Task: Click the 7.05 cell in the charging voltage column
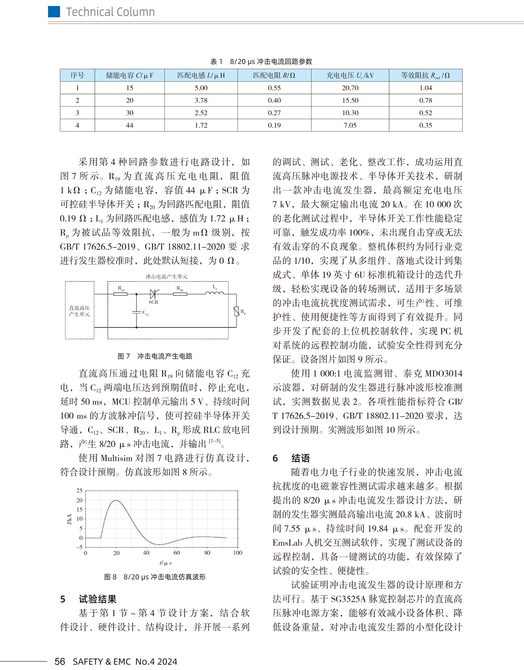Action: coord(350,125)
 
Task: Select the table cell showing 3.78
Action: coord(201,101)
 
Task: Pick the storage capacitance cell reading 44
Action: coord(129,125)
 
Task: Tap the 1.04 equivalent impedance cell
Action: coord(425,88)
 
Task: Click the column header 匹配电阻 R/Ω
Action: coord(274,75)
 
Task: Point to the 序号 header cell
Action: coord(77,75)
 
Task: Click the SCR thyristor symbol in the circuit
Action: coord(153,294)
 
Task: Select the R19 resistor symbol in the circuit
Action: coord(121,294)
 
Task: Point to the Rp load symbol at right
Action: coord(236,312)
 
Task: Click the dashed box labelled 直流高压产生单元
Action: coord(79,310)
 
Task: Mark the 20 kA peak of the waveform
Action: coord(116,500)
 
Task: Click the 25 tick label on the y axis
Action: coord(79,491)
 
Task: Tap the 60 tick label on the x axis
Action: coord(176,553)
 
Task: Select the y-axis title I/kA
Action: coord(69,519)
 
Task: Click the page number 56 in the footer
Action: coord(60,661)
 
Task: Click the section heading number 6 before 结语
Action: coord(275,458)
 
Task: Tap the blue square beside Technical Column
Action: coord(54,12)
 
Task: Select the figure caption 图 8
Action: coord(110,577)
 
